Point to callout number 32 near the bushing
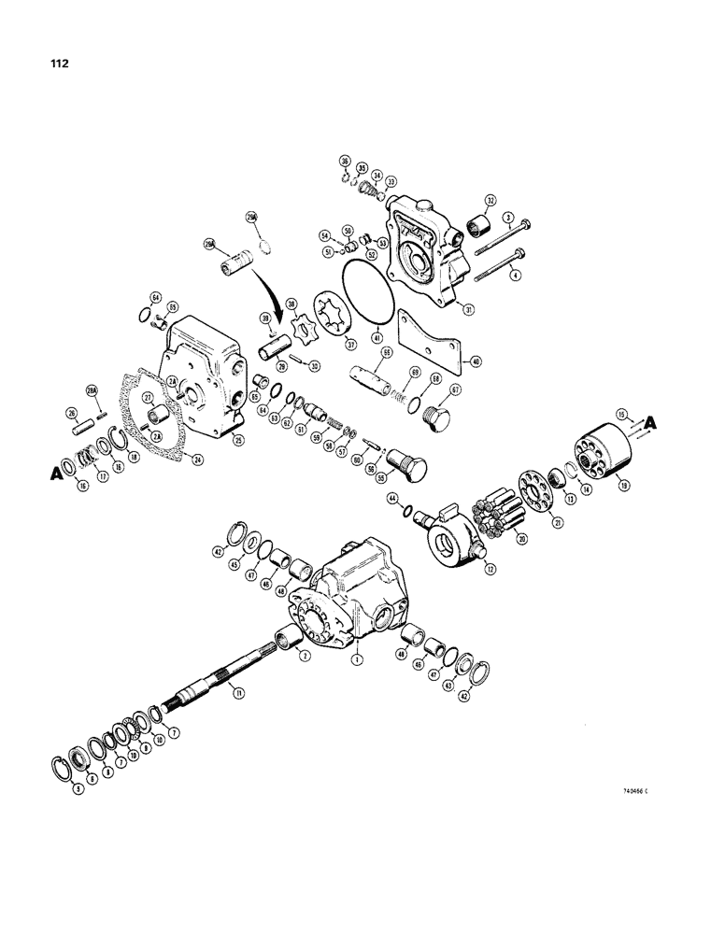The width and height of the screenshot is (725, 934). pyautogui.click(x=488, y=200)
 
